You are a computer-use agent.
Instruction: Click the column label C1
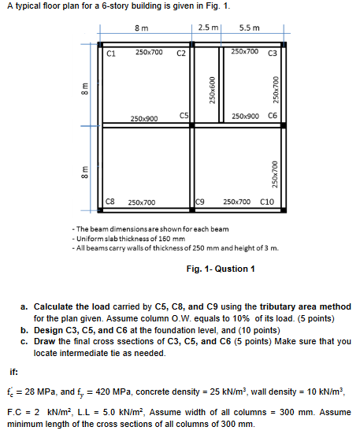tap(111, 54)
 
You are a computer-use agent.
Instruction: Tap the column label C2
tap(180, 54)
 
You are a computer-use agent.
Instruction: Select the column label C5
tap(184, 116)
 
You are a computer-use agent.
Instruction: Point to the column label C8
tap(111, 202)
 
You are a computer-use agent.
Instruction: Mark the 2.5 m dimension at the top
tap(209, 28)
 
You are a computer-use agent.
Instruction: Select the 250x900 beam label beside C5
tap(143, 119)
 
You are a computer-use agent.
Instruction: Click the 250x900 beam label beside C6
tap(247, 116)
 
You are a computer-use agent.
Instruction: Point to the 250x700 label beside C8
tap(141, 202)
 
